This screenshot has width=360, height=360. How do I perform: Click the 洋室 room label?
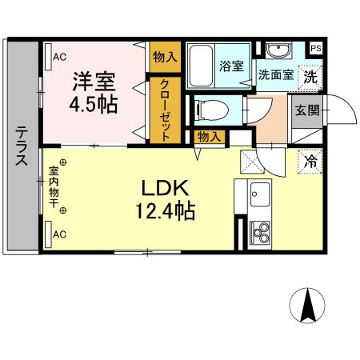tap(94, 81)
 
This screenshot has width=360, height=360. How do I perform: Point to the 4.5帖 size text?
tap(94, 104)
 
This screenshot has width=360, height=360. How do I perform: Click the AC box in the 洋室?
tap(58, 57)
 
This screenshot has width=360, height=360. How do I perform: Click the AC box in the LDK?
tap(58, 234)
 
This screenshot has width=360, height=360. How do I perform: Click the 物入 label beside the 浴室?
tap(165, 57)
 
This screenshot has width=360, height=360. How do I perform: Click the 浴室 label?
tap(231, 67)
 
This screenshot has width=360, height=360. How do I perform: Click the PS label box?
tap(316, 47)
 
